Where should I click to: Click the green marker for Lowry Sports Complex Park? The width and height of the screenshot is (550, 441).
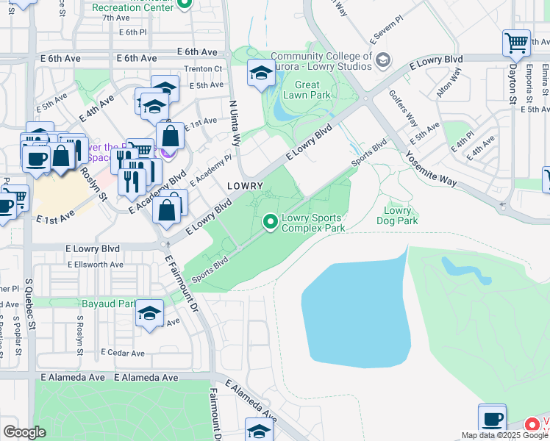[271, 220]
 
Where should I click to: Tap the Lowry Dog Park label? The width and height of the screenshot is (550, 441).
[397, 215]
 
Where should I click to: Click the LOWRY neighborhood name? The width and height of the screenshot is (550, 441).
[245, 186]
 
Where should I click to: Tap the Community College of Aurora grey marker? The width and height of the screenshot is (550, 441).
[382, 60]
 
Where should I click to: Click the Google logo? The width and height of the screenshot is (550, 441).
[25, 431]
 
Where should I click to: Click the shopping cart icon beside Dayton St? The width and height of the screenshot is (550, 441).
[516, 42]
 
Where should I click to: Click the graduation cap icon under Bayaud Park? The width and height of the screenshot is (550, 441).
[149, 314]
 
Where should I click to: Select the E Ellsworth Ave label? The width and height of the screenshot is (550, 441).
[95, 265]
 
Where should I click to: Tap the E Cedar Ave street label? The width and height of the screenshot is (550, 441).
[123, 353]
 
